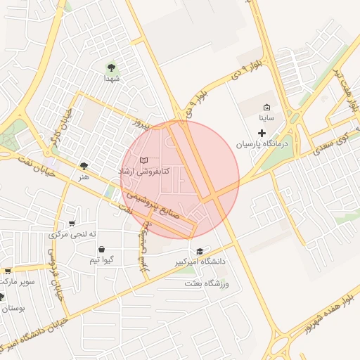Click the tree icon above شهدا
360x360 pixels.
111,67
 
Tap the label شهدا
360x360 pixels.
111,79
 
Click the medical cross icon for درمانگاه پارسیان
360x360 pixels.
262,133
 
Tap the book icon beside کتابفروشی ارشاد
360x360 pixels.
144,161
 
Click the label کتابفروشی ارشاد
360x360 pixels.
143,172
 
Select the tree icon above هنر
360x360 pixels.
84,166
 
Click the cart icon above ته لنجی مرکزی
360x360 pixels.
72,224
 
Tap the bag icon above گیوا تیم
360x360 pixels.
102,250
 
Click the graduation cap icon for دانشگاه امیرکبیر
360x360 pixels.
200,251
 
